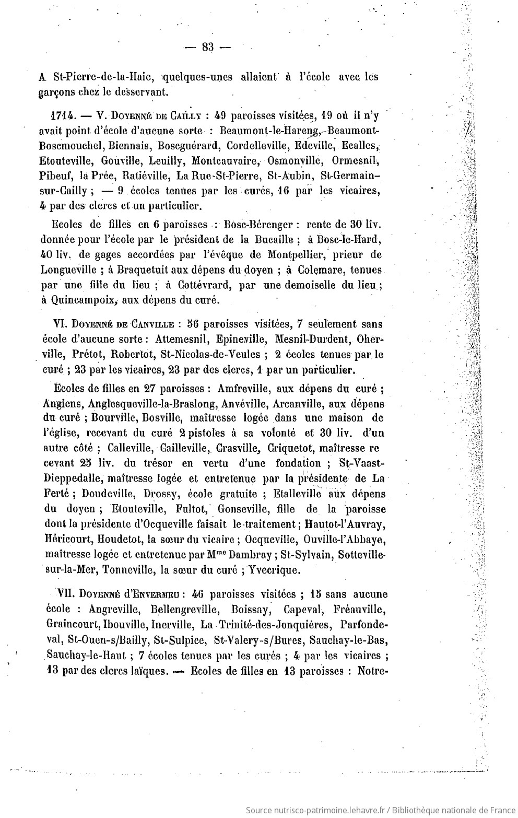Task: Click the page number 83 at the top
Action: pos(207,48)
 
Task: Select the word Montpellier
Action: pos(287,255)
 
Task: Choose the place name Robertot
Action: pos(133,354)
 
